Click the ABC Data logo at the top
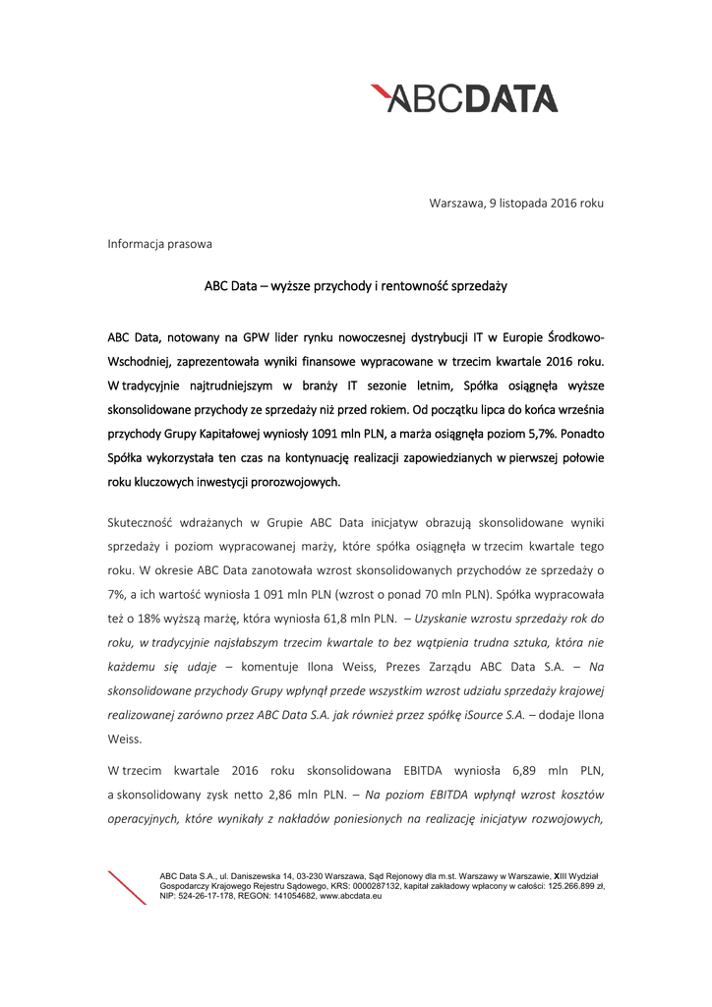(463, 98)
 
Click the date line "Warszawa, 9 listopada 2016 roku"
(515, 203)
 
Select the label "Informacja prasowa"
(159, 243)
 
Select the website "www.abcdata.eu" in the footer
(351, 896)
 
